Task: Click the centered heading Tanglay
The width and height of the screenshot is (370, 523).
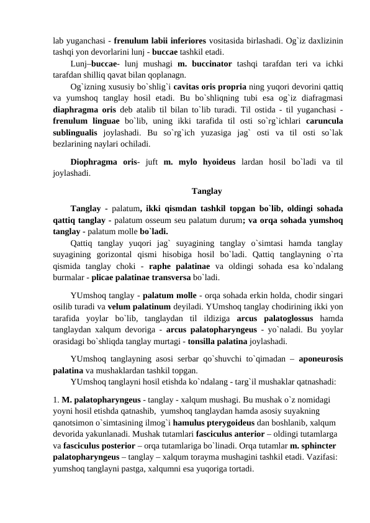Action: (208, 191)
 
